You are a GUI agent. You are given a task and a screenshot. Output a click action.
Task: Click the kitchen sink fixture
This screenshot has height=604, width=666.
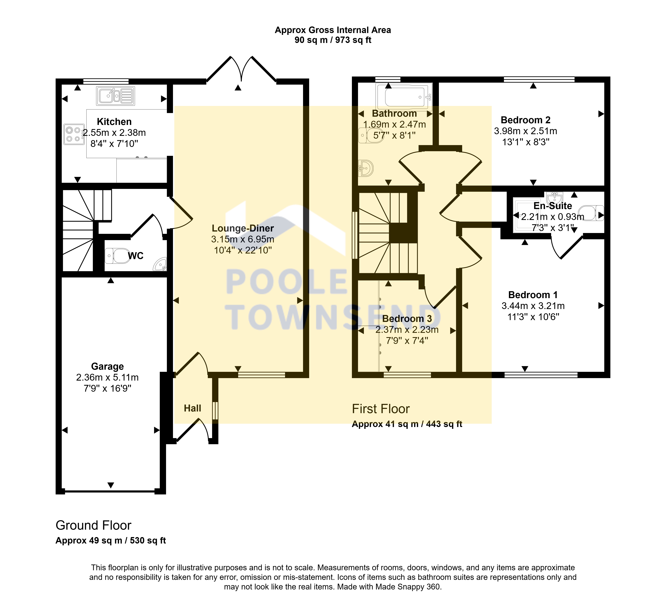point(116,96)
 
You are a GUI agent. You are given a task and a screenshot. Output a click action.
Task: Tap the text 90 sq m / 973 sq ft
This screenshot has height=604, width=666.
point(333,40)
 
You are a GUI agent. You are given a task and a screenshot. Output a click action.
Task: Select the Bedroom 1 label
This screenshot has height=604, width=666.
point(533,295)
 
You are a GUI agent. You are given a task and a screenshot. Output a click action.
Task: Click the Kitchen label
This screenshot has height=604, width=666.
point(114,122)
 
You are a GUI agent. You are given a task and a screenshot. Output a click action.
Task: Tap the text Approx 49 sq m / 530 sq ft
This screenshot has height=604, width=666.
point(111,541)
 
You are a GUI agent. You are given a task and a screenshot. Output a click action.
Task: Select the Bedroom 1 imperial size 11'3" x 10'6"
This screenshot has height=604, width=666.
point(533,317)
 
